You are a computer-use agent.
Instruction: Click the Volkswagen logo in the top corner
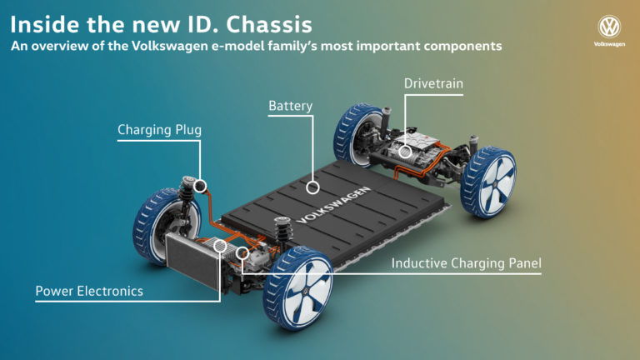click(x=610, y=26)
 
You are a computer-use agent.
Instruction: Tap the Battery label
click(x=290, y=107)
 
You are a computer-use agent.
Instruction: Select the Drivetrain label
click(x=434, y=85)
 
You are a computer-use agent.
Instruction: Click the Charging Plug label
click(x=159, y=130)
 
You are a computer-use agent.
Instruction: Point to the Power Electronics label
click(x=89, y=291)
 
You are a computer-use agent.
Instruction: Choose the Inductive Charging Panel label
click(x=467, y=263)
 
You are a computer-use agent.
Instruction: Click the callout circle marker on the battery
click(x=312, y=187)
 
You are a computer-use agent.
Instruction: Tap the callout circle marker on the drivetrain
click(x=405, y=152)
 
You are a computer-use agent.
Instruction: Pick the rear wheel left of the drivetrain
click(x=357, y=133)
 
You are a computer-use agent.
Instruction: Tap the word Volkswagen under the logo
click(x=610, y=43)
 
